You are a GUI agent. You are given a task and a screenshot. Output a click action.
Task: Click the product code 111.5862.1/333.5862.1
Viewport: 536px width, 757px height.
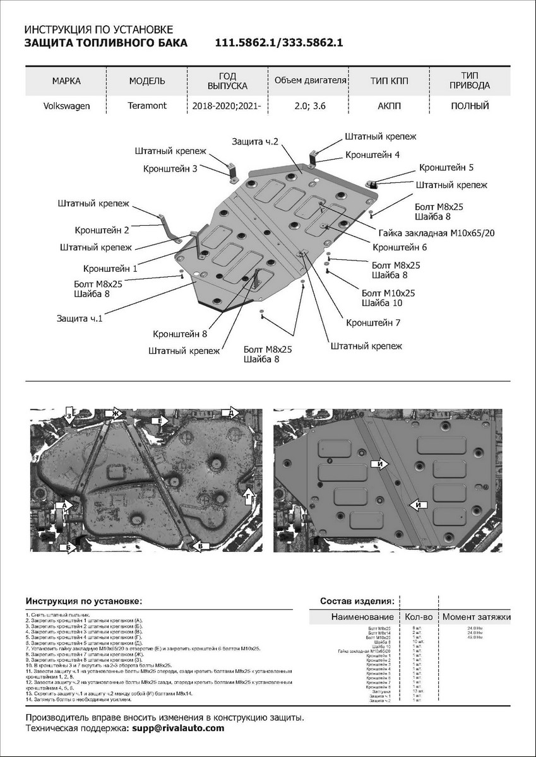(279, 43)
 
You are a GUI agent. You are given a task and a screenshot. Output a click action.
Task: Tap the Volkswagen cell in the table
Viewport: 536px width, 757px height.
(66, 106)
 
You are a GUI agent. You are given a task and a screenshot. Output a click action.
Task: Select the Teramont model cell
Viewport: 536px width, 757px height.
(147, 105)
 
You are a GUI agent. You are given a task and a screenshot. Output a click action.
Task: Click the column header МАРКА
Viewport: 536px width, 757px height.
(66, 81)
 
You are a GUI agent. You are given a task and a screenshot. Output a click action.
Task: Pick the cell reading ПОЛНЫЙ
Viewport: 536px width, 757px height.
(470, 106)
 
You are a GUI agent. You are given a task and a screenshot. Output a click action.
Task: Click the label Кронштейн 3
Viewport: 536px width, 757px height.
(170, 168)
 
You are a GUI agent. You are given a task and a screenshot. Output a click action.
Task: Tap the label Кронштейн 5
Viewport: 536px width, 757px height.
(446, 167)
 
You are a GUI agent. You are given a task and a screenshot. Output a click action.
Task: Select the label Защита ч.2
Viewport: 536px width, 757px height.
(255, 142)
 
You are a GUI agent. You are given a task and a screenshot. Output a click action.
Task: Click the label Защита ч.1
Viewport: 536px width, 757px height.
(79, 319)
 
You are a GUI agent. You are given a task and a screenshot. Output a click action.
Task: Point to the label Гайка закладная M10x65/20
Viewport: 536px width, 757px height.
(437, 232)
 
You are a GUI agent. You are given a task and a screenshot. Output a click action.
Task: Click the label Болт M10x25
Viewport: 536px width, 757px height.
(388, 293)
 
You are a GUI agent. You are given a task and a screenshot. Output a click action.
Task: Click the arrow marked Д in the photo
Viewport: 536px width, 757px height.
(230, 413)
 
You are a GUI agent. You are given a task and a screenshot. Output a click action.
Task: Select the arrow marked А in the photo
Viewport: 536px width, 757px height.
(65, 505)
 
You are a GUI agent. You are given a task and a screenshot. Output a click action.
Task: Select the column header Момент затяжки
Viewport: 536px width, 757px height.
(476, 616)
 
